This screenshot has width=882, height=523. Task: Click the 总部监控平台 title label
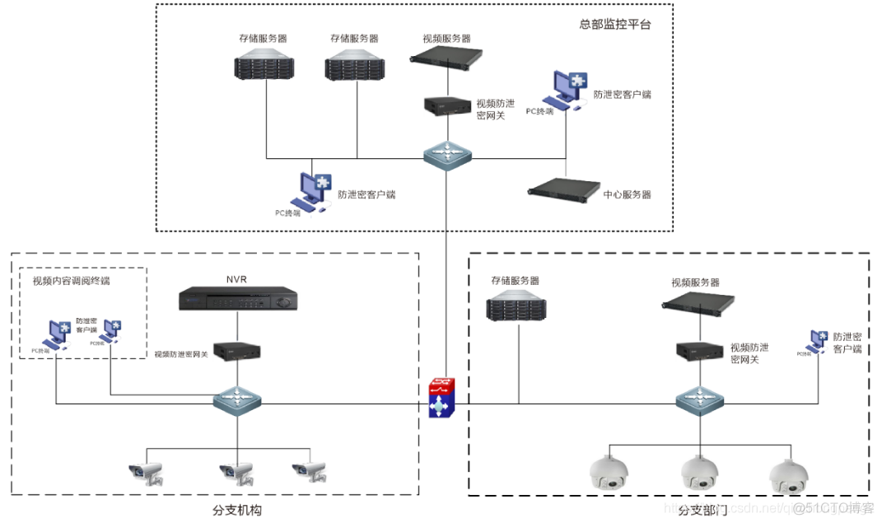point(614,24)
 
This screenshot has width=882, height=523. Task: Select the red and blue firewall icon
point(445,398)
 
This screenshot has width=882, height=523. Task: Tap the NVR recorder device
point(237,300)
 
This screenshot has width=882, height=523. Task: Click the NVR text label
point(236,279)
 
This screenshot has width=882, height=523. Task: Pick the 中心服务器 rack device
point(563,189)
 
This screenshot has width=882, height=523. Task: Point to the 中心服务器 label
point(627,194)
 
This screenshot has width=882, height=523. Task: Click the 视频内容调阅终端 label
point(71,281)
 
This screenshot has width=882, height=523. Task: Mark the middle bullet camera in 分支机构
point(236,473)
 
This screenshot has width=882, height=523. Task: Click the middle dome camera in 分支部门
point(699,473)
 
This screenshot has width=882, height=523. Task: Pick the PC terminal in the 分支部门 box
point(818,342)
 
